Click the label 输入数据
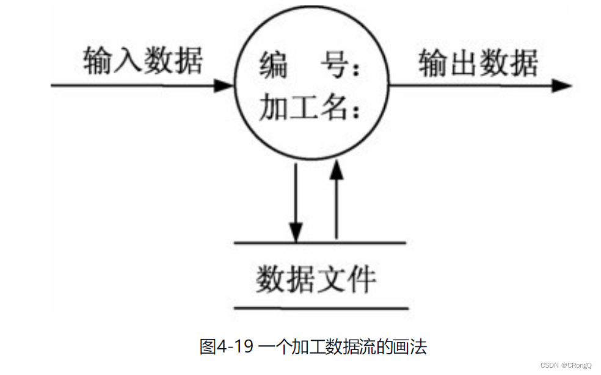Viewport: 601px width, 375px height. click(143, 62)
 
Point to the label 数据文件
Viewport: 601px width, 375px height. click(316, 280)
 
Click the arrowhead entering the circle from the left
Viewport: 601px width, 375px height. click(224, 85)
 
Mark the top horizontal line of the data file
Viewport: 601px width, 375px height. click(320, 243)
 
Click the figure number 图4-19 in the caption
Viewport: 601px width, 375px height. click(225, 347)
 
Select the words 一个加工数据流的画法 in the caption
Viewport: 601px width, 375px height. click(343, 347)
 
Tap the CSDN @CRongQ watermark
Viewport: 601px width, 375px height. click(566, 365)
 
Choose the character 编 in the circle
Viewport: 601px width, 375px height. click(274, 65)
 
